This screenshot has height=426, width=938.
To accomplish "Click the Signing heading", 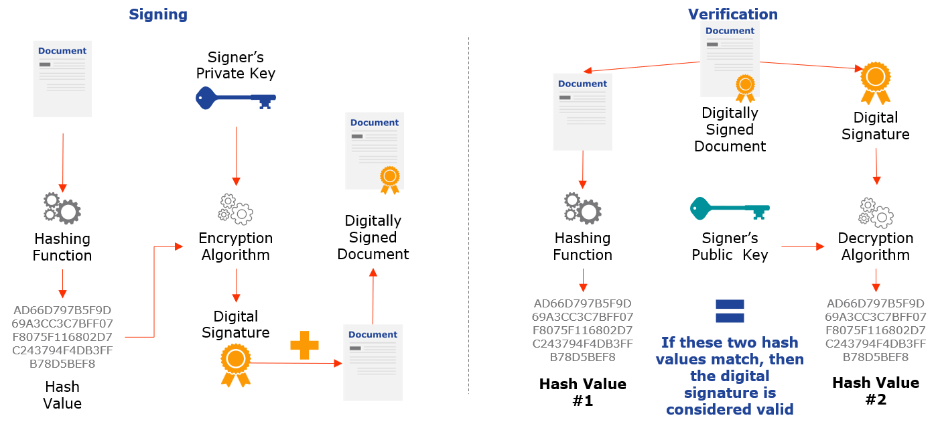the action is point(158,15).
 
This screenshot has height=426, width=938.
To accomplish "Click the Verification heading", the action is point(733,14).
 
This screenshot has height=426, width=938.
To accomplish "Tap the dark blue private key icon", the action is point(236,98).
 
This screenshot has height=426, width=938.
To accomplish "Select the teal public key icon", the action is point(730,208).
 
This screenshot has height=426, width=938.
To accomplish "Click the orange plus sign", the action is point(304,345).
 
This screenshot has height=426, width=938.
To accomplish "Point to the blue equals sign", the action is point(730,311).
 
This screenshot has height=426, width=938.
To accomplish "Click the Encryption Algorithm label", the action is point(236,246).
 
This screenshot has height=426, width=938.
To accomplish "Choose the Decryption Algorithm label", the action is point(876,246).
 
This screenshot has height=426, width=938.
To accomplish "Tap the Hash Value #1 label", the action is point(582,392).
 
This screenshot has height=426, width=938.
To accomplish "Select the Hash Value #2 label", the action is point(876,391).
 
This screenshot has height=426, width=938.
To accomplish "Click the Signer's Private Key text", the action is point(236,65).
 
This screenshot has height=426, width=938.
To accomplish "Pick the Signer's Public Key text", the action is point(730,246).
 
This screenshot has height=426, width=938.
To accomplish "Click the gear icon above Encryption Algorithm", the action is point(236,209).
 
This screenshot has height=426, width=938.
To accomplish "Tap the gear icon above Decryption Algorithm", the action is point(876,213).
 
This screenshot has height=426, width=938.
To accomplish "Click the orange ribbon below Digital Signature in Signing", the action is point(236,365).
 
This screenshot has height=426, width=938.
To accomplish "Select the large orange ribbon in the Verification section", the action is point(876,83).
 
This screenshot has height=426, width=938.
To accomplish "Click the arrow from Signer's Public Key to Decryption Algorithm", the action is point(803,246).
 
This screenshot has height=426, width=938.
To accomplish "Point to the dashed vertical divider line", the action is point(468,216).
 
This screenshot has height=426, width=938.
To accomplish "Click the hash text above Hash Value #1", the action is point(582,330).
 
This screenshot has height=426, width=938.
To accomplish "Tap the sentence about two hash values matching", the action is point(730,376).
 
